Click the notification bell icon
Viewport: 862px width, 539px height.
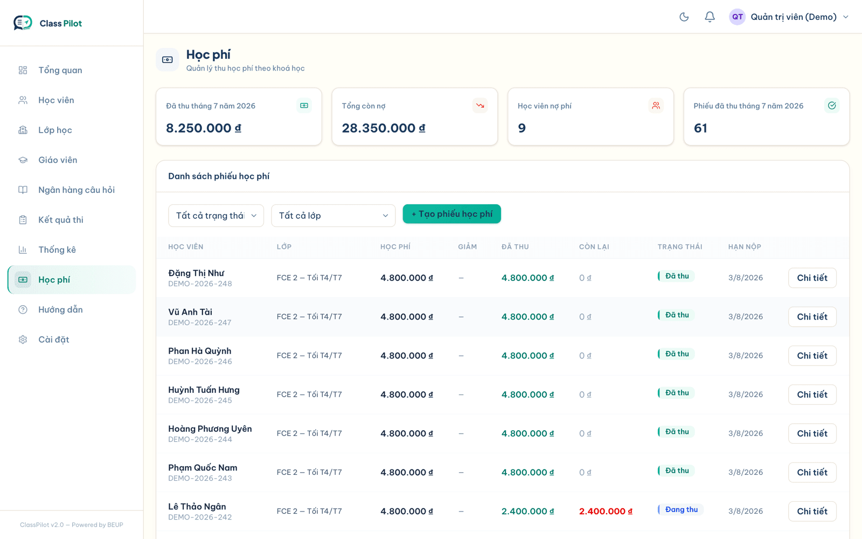pos(710,17)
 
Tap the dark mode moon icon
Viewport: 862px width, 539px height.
pos(684,17)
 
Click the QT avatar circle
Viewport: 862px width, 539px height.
pos(737,17)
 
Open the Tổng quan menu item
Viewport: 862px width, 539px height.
pos(60,70)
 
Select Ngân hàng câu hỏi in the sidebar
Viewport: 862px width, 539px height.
pos(76,190)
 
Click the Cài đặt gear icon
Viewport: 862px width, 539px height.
pos(23,340)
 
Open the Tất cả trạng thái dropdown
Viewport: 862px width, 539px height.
pos(216,216)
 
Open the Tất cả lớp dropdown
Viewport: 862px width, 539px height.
pos(333,216)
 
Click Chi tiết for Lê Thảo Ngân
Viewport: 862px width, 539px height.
pos(812,512)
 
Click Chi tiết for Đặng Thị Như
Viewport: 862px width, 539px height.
pos(812,278)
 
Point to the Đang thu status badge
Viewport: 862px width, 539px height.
pos(680,509)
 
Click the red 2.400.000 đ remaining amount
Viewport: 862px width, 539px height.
pos(606,512)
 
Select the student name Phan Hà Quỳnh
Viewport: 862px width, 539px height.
pos(200,351)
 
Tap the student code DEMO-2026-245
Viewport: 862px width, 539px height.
pos(200,400)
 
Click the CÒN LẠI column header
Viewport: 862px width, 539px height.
pos(594,247)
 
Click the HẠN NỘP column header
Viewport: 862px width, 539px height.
pos(744,247)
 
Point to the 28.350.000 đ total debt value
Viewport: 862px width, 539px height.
pos(383,128)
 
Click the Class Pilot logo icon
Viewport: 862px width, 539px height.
pos(23,23)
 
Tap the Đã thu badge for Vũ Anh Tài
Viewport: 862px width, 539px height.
pos(676,315)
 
